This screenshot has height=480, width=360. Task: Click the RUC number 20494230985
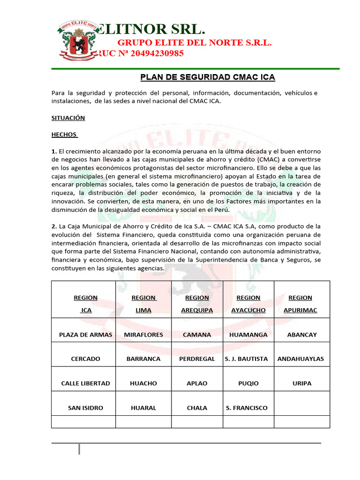tap(139, 53)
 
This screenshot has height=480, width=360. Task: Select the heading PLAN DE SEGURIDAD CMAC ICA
tap(208, 77)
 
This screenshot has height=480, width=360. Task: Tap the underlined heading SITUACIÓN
tap(68, 118)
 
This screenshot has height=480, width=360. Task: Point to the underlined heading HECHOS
tap(64, 135)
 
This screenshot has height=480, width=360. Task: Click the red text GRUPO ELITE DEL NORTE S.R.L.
tap(194, 43)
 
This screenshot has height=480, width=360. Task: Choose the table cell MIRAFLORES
tap(143, 335)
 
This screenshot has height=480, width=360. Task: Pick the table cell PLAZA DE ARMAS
tap(85, 335)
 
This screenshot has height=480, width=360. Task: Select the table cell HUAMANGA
tap(248, 335)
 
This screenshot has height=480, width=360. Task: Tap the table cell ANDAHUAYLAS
tap(300, 359)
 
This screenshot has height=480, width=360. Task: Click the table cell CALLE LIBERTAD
tap(85, 383)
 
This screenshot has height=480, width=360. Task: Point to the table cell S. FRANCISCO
tap(247, 408)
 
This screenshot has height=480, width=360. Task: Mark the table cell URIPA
tap(302, 383)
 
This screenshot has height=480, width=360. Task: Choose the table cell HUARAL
tap(143, 408)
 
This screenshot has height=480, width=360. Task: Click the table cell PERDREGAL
tap(197, 359)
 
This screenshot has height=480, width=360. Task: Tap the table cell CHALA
tap(197, 408)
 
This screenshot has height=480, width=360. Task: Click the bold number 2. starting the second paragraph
tap(54, 226)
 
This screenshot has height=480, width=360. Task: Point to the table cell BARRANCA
tap(143, 359)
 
